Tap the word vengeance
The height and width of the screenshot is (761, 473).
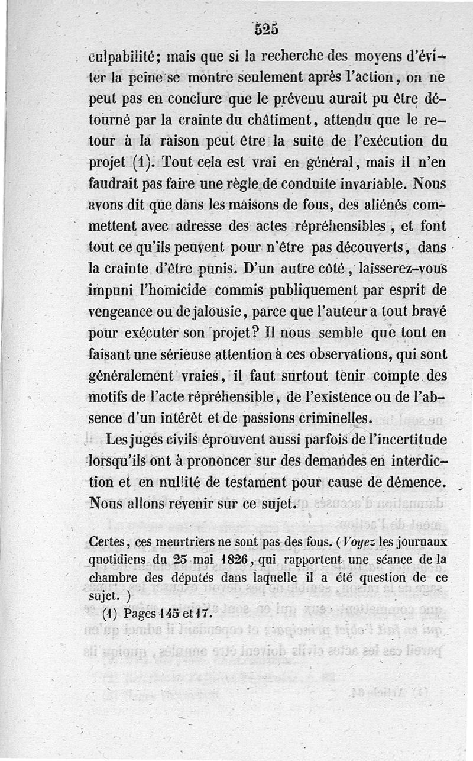tap(121, 312)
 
